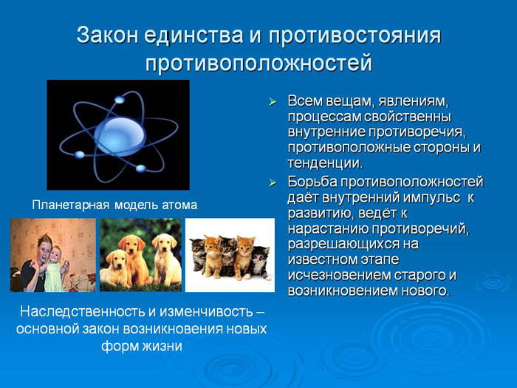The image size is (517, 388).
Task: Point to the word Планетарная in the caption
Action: tap(70, 204)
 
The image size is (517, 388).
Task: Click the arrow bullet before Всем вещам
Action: tap(273, 100)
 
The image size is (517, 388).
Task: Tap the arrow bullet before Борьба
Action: tap(273, 181)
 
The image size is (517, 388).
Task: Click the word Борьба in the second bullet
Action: tap(312, 181)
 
